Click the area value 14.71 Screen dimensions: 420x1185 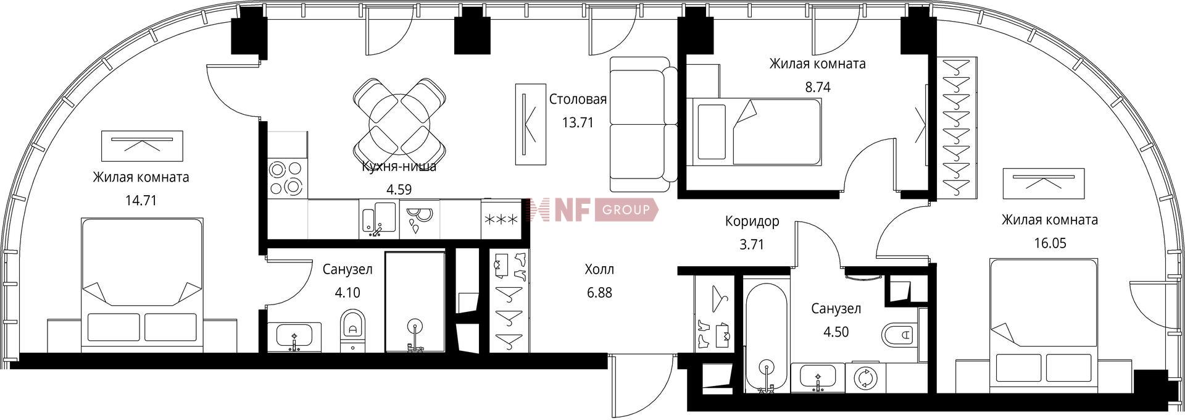point(141,201)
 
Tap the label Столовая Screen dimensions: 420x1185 point(578,99)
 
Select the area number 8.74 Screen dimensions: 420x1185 point(817,87)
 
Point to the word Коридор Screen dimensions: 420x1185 point(752,221)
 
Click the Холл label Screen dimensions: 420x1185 point(599,270)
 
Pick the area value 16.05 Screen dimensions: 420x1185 point(1050,243)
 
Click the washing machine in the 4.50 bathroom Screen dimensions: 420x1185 point(865,378)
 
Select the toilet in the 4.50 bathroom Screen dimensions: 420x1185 point(897,335)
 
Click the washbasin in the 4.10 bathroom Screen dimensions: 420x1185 point(294,337)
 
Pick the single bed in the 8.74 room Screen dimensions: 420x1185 point(756,132)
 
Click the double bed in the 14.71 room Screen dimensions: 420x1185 point(142,285)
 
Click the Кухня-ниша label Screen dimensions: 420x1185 point(399,166)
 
